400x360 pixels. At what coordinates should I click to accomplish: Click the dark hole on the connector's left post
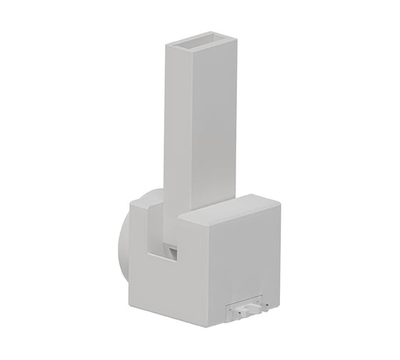tap(233, 309)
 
